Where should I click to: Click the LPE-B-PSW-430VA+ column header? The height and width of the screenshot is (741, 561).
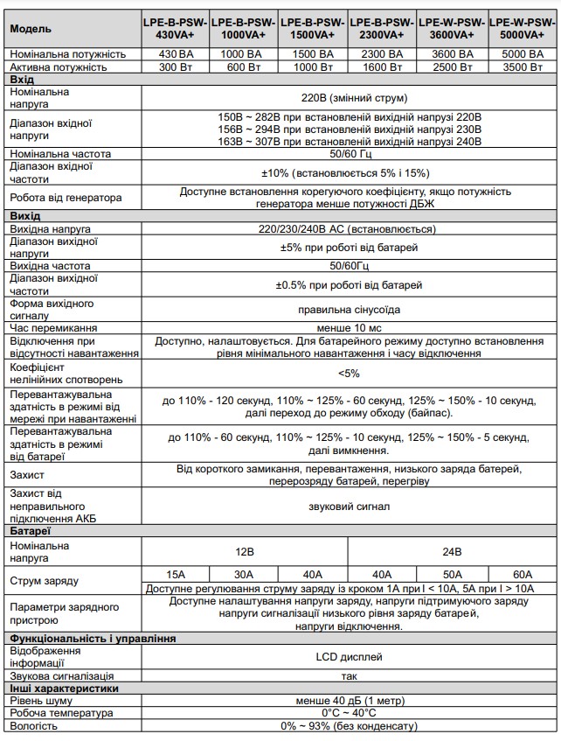coord(175,29)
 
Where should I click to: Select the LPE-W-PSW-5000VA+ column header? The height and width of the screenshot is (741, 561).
coord(522,29)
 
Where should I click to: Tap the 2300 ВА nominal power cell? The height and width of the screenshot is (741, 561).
coord(382,54)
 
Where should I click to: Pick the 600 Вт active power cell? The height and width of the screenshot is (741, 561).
coord(244,66)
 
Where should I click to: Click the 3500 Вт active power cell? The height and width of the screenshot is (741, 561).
coord(522,66)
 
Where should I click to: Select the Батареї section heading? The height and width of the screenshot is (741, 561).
coord(31,530)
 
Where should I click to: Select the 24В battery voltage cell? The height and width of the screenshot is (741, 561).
coord(452,552)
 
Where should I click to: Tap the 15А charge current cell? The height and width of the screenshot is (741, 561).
coord(176,574)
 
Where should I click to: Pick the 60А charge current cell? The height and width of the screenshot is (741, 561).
coord(522,574)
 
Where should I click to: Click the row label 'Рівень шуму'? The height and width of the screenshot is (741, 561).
coord(39,701)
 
